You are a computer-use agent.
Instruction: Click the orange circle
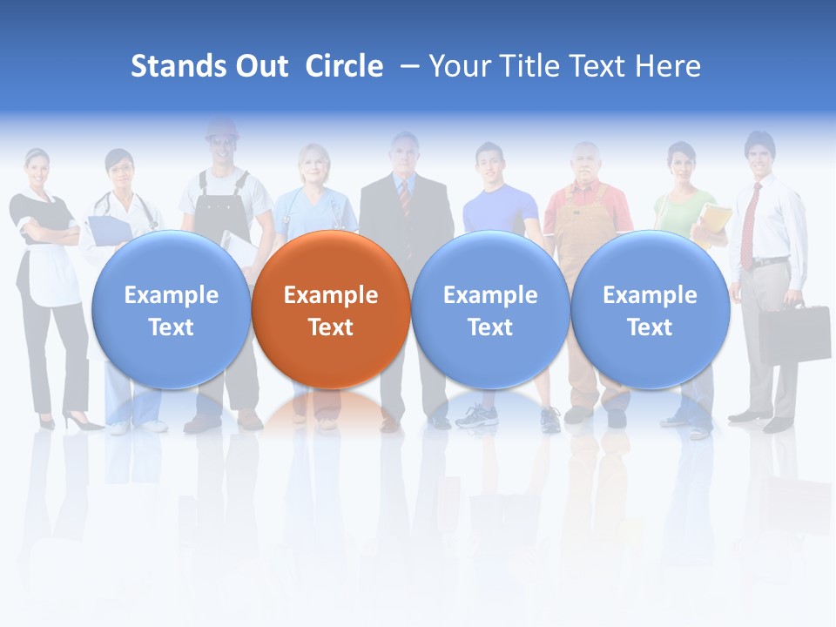tap(330, 309)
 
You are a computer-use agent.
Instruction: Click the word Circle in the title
tap(344, 66)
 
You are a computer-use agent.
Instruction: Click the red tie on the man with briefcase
tap(747, 226)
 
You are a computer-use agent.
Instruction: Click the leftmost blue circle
tap(171, 309)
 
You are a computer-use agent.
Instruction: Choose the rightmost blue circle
tap(650, 309)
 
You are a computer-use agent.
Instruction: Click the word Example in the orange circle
tap(330, 295)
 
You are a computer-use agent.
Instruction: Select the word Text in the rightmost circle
tap(650, 327)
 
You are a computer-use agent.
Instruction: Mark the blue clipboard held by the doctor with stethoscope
tap(110, 229)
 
